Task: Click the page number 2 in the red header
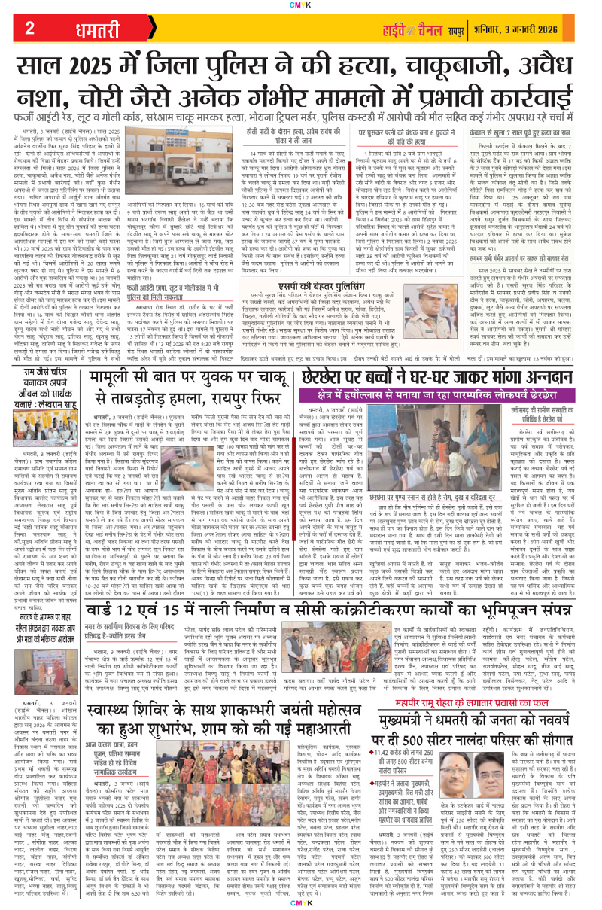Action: (30, 28)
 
